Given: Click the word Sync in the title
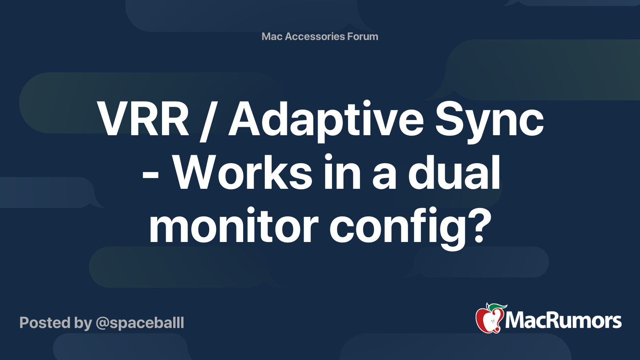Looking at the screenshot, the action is pyautogui.click(x=489, y=122).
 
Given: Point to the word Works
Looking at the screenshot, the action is pyautogui.click(x=242, y=172).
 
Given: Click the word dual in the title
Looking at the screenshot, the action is pyautogui.click(x=454, y=172).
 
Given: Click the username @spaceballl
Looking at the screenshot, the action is pyautogui.click(x=140, y=323).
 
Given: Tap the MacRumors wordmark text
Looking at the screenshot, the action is pyautogui.click(x=563, y=321).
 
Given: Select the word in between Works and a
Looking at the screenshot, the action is pyautogui.click(x=342, y=172).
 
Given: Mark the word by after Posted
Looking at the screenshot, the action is pyautogui.click(x=83, y=324).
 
